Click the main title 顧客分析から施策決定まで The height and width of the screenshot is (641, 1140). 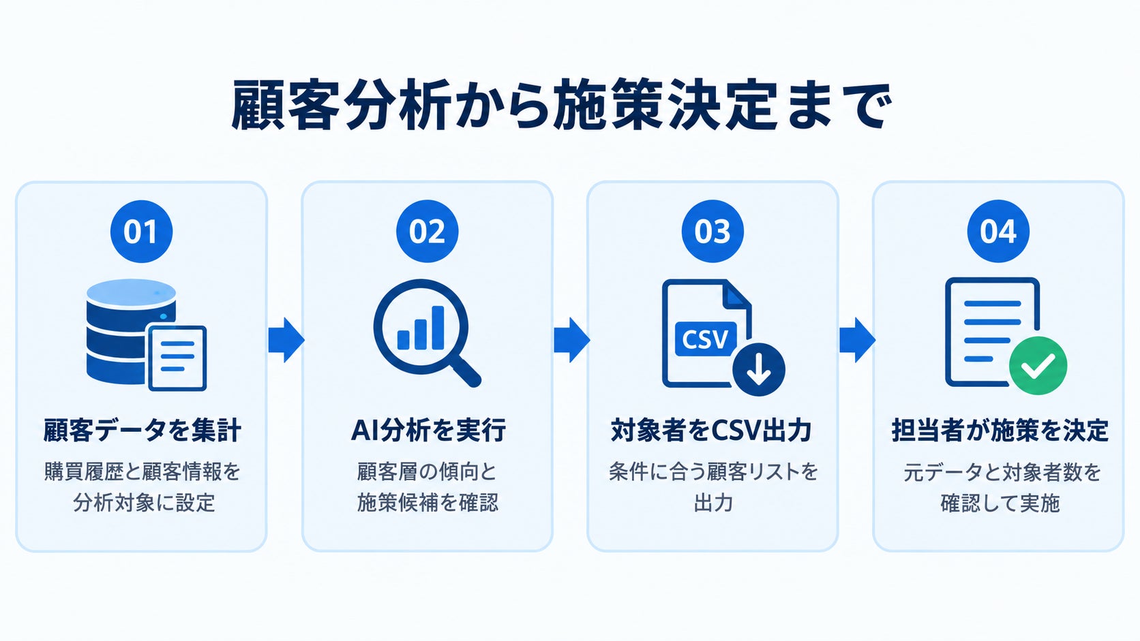(562, 106)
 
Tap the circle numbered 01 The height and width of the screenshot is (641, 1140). (142, 232)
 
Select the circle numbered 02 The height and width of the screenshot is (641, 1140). (427, 232)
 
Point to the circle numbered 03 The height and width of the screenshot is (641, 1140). (712, 232)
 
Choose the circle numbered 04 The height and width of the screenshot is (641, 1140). (998, 232)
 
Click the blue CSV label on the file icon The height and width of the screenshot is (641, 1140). (706, 339)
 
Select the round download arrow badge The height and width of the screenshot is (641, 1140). (758, 370)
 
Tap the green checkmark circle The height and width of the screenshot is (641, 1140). (1038, 366)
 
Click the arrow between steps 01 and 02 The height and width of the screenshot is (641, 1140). (286, 339)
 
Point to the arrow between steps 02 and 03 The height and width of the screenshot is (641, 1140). (571, 339)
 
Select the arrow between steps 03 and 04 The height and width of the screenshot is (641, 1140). (857, 339)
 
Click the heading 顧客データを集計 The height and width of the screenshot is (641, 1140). (142, 431)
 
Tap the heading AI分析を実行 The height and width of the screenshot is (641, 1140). (428, 431)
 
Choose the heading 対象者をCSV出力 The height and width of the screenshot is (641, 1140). (711, 431)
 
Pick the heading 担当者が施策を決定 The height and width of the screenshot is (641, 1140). (1000, 431)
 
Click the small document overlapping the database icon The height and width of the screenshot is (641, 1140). (177, 358)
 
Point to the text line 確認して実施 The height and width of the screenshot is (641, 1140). (1000, 503)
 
